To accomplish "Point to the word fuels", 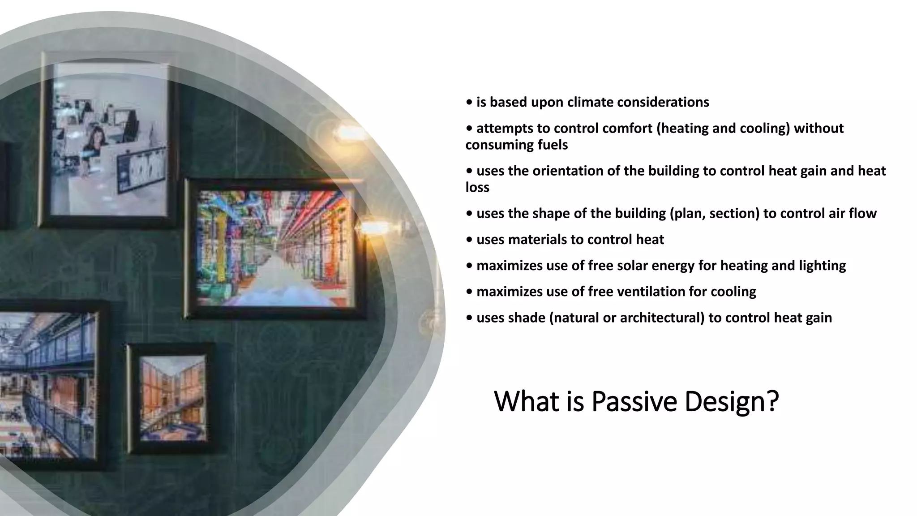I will coord(552,145).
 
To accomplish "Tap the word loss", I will coord(477,187).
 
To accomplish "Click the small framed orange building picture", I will coord(172,397).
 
